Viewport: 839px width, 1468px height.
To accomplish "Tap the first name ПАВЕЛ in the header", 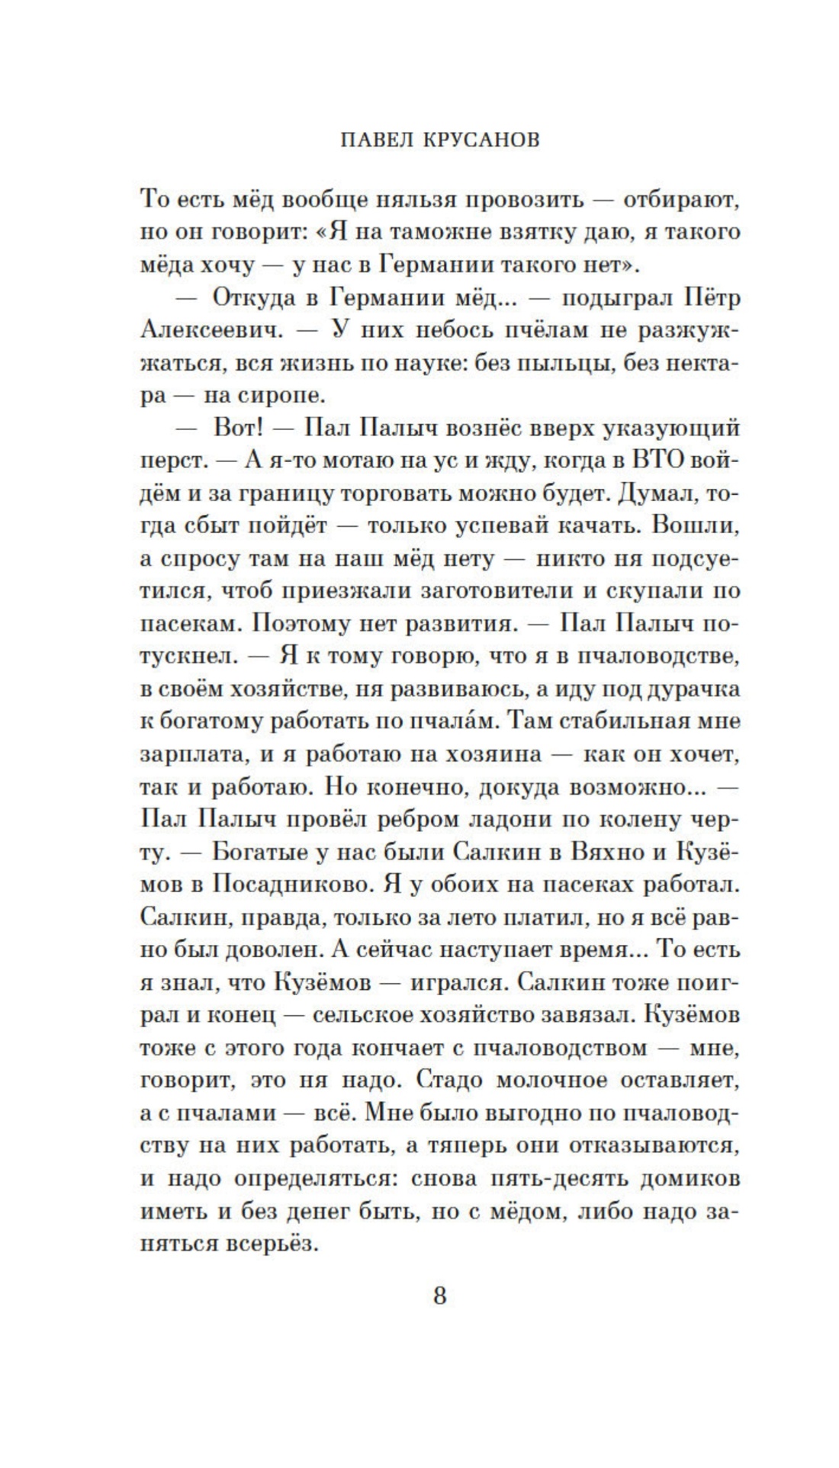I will (x=371, y=140).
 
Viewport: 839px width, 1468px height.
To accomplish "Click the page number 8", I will (x=439, y=1295).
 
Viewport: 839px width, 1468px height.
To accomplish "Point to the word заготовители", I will (x=493, y=591).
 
